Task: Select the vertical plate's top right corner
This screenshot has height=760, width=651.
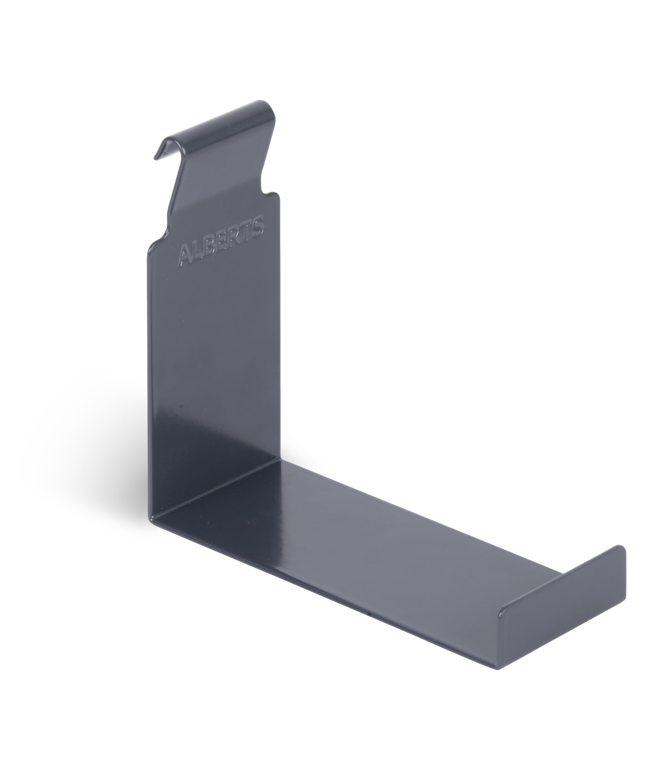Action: coord(278,196)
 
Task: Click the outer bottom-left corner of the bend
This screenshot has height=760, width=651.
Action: coord(150,517)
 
